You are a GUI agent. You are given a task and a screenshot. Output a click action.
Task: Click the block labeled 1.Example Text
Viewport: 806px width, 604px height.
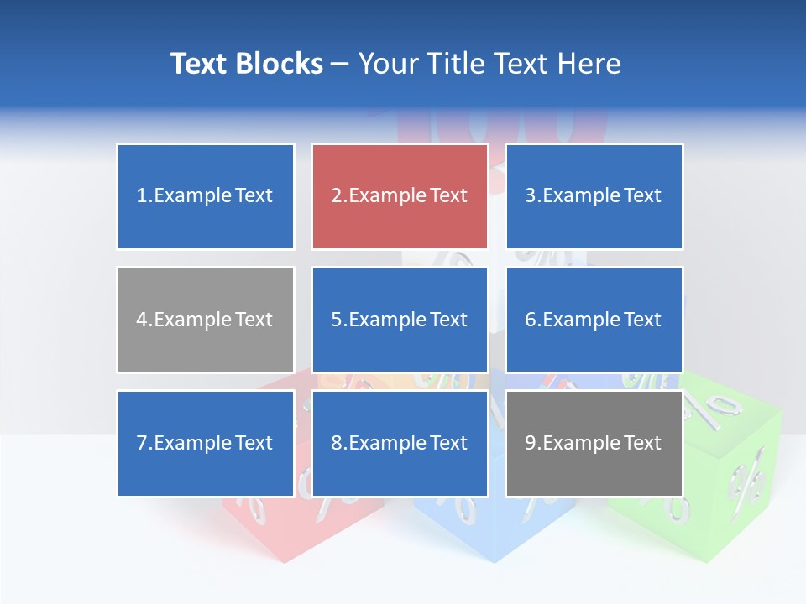click(x=206, y=196)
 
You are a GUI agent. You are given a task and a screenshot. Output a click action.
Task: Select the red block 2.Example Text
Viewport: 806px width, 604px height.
click(x=400, y=196)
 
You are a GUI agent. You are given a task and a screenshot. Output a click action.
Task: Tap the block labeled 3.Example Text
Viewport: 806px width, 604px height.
click(x=594, y=196)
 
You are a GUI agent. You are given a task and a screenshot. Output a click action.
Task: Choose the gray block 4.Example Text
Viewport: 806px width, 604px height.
click(x=206, y=320)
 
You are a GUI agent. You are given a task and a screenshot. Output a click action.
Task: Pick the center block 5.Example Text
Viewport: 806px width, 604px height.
click(x=400, y=320)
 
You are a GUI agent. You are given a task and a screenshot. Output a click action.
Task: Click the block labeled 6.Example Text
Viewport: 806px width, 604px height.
click(x=594, y=320)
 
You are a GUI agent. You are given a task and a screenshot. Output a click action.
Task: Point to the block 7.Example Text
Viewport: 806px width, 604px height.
click(x=206, y=443)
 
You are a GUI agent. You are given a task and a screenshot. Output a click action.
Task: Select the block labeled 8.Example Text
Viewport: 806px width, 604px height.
click(x=400, y=443)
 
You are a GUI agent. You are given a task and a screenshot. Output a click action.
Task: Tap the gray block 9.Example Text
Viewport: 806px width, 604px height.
click(x=594, y=443)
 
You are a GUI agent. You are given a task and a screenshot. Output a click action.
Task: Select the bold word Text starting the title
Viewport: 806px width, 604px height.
click(x=199, y=64)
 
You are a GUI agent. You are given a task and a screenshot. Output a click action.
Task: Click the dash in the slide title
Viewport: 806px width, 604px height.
click(x=340, y=64)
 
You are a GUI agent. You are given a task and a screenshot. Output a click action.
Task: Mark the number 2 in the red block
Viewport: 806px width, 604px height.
click(x=336, y=196)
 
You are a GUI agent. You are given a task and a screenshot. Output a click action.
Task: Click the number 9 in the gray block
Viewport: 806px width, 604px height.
click(x=530, y=443)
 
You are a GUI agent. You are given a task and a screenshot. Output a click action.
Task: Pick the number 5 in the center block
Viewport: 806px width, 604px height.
click(x=336, y=320)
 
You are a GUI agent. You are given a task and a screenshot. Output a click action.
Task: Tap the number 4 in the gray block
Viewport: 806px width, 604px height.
click(x=142, y=320)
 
